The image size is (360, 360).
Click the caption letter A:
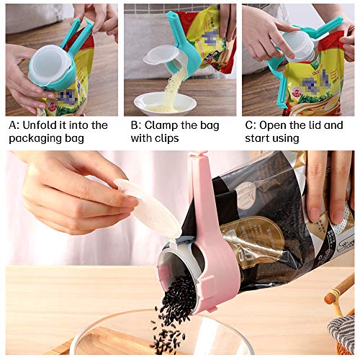[x=14, y=125]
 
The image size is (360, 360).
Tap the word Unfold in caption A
[x=42, y=125]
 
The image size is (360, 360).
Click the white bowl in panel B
[x=165, y=103]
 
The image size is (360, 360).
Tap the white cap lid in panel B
[x=160, y=55]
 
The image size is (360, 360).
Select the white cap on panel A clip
[x=49, y=65]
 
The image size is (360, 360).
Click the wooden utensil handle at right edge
[x=340, y=295]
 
